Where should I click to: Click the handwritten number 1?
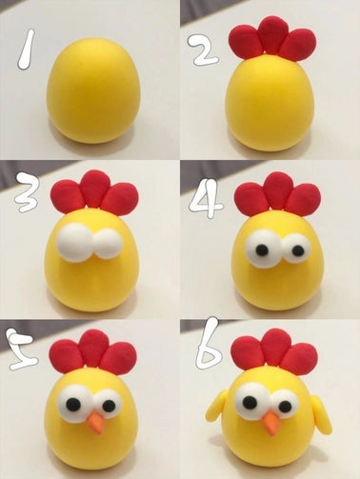click(x=27, y=50)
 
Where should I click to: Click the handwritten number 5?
click(x=20, y=349)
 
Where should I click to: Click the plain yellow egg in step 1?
click(x=93, y=90)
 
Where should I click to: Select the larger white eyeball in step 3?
click(x=75, y=243)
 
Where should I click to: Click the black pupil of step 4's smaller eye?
click(x=298, y=250)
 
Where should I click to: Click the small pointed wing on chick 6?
click(x=217, y=408)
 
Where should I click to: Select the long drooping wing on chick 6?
click(x=322, y=416)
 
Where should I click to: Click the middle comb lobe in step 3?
click(x=94, y=189)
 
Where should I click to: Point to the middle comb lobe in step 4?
click(x=278, y=190)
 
